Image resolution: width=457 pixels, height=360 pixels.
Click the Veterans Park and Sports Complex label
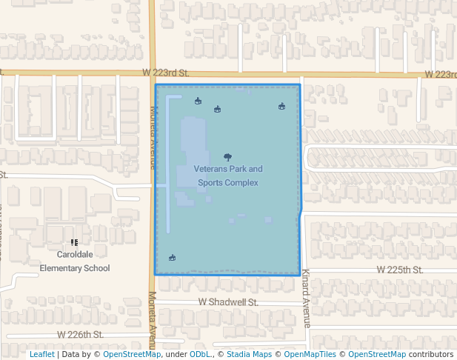coord(228,176)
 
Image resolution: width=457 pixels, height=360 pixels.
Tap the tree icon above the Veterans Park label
coord(227,157)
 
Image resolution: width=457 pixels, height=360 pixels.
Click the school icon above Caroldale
coord(74,242)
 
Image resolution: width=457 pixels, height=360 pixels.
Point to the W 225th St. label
coord(398,270)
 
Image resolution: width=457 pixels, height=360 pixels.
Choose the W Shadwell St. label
coord(228,302)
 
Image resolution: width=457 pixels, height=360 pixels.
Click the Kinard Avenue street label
coord(305,299)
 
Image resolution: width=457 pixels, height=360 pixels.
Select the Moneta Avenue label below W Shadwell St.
coord(152,321)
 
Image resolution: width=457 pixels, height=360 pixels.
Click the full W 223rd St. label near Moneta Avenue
coord(166,73)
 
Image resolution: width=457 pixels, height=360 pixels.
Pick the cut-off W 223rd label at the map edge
coord(440,74)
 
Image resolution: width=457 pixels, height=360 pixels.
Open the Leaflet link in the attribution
coord(41,354)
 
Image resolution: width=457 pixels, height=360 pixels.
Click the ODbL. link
coord(200,354)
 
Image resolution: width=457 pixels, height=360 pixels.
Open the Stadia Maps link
coord(247,354)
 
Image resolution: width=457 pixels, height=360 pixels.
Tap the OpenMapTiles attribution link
coord(306,354)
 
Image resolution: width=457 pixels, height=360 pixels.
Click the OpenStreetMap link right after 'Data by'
coord(132,354)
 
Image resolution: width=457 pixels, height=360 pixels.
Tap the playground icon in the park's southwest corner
coord(172,258)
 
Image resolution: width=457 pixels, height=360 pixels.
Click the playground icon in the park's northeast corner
coord(281,106)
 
